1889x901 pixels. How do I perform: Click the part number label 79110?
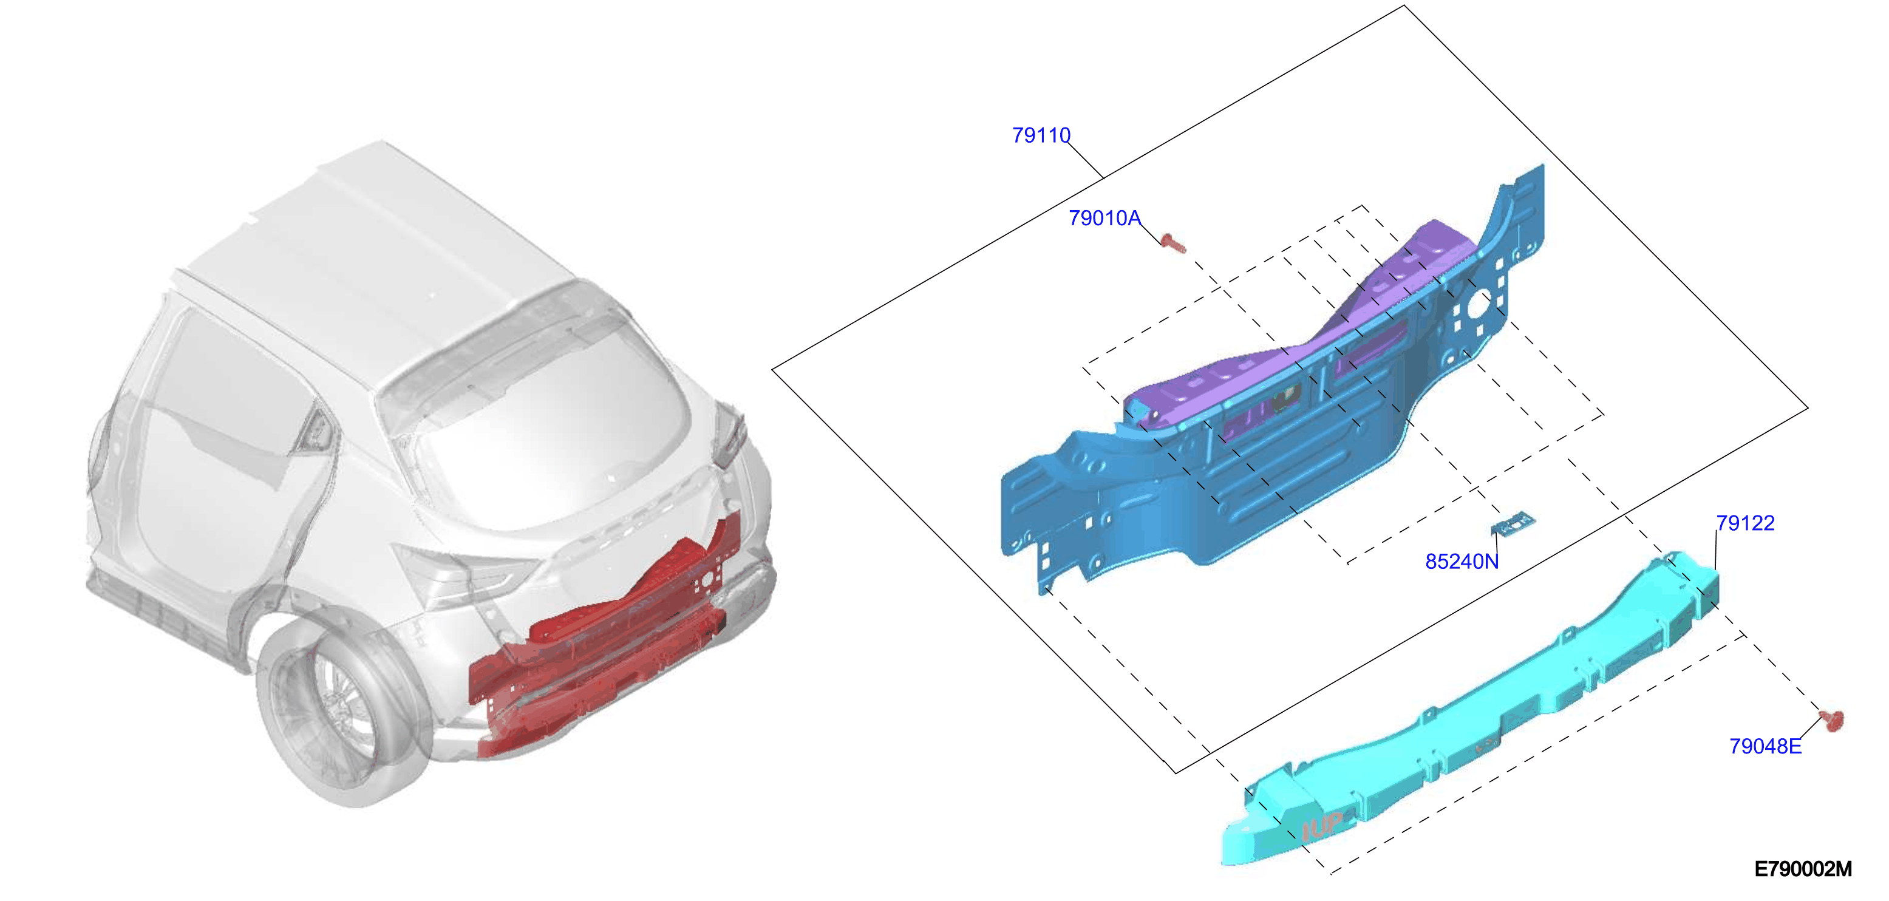pyautogui.click(x=1041, y=135)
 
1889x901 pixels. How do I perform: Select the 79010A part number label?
pyautogui.click(x=1104, y=219)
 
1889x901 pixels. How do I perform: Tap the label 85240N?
pyautogui.click(x=1462, y=562)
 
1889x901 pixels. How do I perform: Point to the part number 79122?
pyautogui.click(x=1745, y=523)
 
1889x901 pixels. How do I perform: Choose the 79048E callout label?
pyautogui.click(x=1765, y=746)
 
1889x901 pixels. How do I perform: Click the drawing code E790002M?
pyautogui.click(x=1802, y=869)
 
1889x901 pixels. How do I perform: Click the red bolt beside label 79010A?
pyautogui.click(x=1173, y=243)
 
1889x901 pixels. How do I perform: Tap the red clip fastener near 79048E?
pyautogui.click(x=1832, y=721)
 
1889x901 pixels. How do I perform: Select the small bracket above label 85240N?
pyautogui.click(x=1512, y=525)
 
